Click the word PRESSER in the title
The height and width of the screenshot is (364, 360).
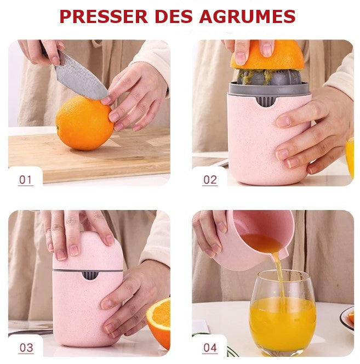click(x=104, y=16)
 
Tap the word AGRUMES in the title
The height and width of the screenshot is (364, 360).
click(x=247, y=16)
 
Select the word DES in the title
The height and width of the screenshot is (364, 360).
click(x=174, y=16)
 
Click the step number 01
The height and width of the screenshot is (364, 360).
click(x=25, y=180)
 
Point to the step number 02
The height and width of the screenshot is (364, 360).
click(x=210, y=180)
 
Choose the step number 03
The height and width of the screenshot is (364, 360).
click(x=26, y=348)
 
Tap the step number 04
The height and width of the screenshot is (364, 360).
click(x=210, y=348)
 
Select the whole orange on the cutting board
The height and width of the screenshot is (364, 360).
click(x=84, y=123)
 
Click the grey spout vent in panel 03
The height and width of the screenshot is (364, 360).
click(x=90, y=275)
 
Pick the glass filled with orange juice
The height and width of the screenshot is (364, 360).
click(x=283, y=312)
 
